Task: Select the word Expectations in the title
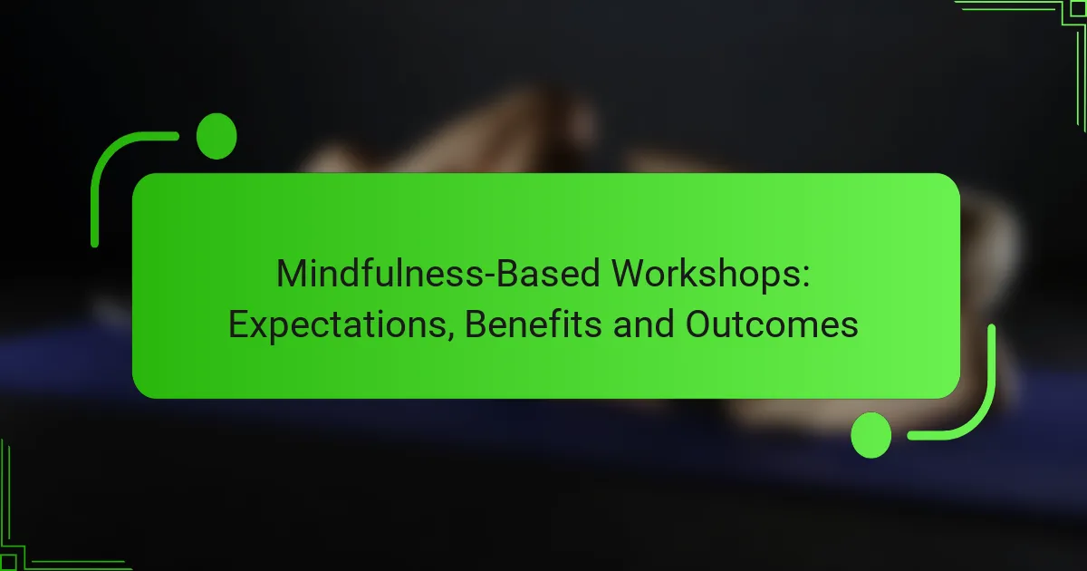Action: (x=342, y=324)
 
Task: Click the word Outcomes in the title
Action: (x=772, y=324)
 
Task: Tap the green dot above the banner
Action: (x=216, y=137)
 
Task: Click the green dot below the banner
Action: (x=871, y=435)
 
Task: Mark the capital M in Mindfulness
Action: (x=292, y=273)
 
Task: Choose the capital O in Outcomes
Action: (x=698, y=324)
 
